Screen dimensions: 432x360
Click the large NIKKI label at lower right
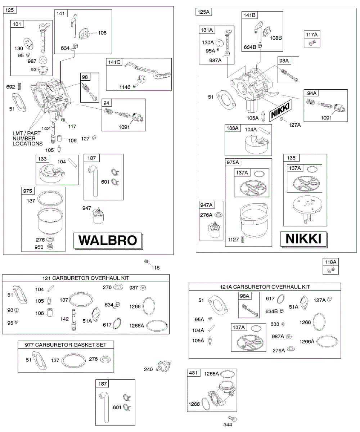(303, 239)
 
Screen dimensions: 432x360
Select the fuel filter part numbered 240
(163, 368)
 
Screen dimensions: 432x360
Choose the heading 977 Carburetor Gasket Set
(66, 345)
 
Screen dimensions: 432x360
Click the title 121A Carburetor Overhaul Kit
(265, 287)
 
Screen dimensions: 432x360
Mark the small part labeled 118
(147, 261)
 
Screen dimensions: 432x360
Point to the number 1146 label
(125, 87)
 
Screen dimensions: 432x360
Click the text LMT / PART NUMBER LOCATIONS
(27, 139)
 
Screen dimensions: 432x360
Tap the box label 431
(193, 373)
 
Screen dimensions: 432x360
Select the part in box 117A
(312, 43)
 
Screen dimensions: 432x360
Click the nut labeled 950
(51, 247)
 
